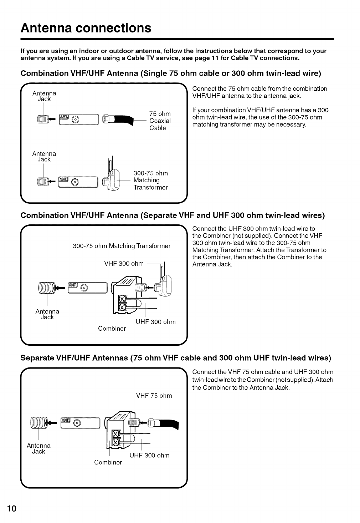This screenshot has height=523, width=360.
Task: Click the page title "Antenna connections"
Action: point(86,28)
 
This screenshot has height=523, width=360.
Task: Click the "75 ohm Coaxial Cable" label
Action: point(160,121)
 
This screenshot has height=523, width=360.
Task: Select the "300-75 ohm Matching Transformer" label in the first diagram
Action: point(150,180)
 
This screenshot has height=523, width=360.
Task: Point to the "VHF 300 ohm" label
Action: point(124,264)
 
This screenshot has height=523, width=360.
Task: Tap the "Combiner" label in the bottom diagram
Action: point(108,462)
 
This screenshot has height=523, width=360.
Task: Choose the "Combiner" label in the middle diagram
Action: point(112,329)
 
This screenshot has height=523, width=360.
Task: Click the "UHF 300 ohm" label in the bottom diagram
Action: point(149,455)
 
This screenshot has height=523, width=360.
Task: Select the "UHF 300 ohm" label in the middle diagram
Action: point(156,322)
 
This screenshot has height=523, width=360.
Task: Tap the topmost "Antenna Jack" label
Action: point(44,96)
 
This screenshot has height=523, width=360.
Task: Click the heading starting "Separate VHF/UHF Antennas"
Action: point(176,357)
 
